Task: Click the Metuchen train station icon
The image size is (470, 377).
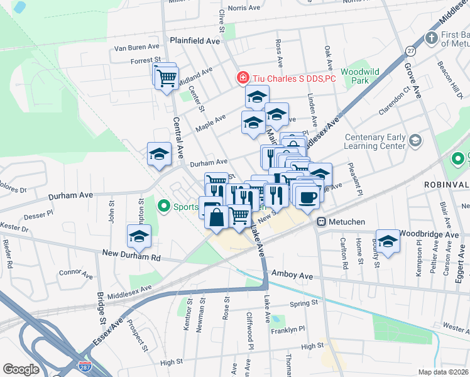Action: tap(321, 221)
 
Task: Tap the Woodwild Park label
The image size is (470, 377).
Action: tap(360, 76)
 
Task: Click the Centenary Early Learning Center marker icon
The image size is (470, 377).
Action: tap(415, 139)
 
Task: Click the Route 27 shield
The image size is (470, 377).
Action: tap(410, 51)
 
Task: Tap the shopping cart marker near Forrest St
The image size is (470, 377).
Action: tap(167, 79)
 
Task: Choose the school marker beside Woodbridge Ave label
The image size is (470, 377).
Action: tap(388, 241)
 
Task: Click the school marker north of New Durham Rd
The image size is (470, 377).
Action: tap(139, 236)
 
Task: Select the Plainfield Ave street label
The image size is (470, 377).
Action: tap(195, 40)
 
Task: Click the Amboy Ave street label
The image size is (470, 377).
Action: tap(292, 275)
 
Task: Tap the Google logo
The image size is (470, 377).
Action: tap(21, 369)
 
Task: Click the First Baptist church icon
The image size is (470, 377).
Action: tap(431, 38)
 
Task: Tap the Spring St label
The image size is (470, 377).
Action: tap(304, 303)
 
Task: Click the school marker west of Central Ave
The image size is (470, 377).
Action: tap(160, 154)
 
